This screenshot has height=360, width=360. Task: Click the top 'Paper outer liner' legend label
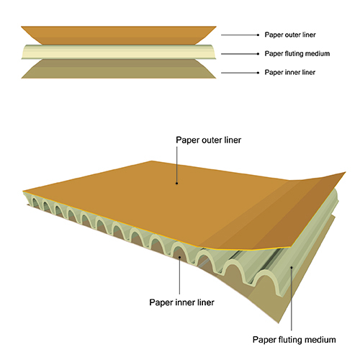290,35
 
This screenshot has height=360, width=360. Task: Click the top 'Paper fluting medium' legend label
297,53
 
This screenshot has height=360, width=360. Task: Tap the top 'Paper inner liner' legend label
290,72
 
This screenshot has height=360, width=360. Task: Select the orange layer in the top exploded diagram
119,35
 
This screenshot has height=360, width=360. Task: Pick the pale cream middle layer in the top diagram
119,52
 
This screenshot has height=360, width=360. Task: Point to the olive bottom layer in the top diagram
119,69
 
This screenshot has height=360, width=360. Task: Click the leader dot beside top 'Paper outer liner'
258,35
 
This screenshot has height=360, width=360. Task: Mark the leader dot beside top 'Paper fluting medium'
258,54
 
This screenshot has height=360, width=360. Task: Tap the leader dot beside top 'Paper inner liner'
258,73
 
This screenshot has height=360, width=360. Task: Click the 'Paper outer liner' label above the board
209,140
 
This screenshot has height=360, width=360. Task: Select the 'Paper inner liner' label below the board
181,302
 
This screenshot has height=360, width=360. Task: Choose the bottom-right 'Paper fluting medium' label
294,340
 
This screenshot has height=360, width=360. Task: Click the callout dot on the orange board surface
177,184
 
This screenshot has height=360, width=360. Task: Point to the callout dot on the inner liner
180,257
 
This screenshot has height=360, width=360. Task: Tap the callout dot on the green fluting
292,266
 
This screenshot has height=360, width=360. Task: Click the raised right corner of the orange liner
345,172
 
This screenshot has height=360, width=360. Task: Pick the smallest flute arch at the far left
35,201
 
